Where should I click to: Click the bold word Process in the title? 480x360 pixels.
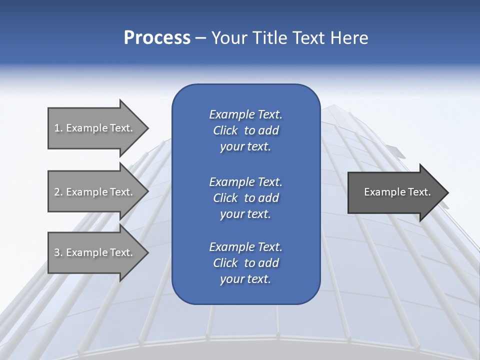point(157,38)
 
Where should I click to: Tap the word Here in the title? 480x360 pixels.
point(349,38)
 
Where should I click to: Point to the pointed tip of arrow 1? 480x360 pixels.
point(147,128)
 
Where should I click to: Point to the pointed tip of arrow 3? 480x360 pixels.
point(147,252)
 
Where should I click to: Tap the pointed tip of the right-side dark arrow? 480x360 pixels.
point(447,192)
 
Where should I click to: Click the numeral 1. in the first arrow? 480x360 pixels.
point(58,128)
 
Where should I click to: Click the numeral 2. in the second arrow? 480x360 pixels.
point(58,191)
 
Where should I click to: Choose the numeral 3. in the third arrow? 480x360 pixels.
point(58,252)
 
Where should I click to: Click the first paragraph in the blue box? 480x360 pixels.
point(245,130)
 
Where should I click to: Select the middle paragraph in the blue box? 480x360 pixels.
point(245,197)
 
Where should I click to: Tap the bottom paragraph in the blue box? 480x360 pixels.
point(245,263)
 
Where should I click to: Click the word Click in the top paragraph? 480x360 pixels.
point(225,130)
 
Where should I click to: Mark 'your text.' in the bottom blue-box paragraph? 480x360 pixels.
point(245,279)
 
